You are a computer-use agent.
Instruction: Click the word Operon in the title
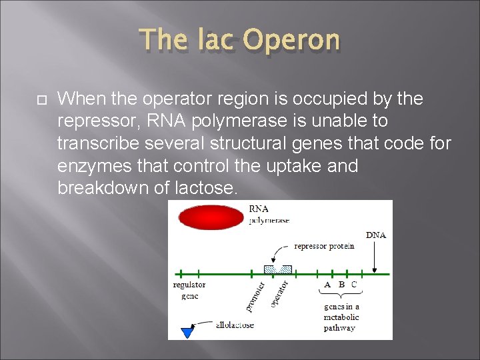(291, 41)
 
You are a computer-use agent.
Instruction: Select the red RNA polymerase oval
(211, 217)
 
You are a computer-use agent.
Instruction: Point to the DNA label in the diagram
(376, 235)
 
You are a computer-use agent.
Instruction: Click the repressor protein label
(323, 246)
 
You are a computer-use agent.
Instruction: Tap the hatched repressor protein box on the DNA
(278, 269)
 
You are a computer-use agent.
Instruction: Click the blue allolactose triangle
(187, 331)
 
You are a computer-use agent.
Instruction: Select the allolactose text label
(235, 325)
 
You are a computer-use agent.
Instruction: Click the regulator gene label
(189, 291)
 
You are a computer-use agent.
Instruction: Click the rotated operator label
(279, 294)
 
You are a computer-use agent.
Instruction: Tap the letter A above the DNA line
(327, 285)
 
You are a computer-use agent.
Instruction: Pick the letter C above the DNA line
(354, 285)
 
